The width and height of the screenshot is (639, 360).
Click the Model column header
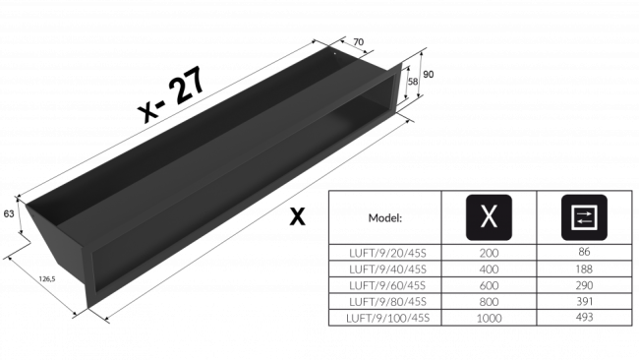pos(385,218)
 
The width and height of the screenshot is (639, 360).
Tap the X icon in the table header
pos(489,218)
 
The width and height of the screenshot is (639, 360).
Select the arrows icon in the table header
pos(584,218)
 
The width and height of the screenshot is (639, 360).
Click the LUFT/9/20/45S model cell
pos(385,253)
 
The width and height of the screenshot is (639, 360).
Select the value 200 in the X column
pos(489,253)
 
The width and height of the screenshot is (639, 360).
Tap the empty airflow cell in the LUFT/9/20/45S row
pos(584,253)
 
